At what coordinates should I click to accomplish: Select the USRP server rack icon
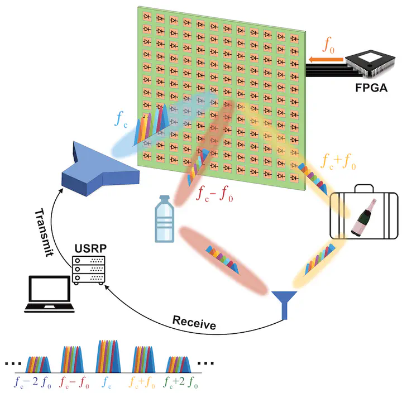(x=90, y=269)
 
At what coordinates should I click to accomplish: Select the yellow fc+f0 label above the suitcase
(x=339, y=162)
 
